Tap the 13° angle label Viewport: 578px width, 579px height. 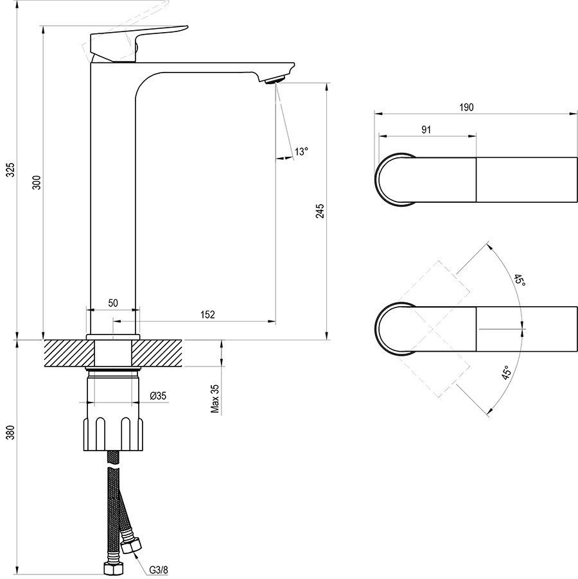[301, 151]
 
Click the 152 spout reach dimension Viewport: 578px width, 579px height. [207, 314]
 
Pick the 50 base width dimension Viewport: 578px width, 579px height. [112, 303]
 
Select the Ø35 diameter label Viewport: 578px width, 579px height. [158, 396]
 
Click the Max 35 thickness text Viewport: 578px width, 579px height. [216, 399]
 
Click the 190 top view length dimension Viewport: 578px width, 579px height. [467, 107]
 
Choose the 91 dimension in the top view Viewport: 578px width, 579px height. [426, 129]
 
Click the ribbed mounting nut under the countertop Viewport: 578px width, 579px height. [112, 435]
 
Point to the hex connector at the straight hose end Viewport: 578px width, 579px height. [113, 567]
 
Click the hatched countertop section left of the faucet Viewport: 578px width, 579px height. [64, 352]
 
